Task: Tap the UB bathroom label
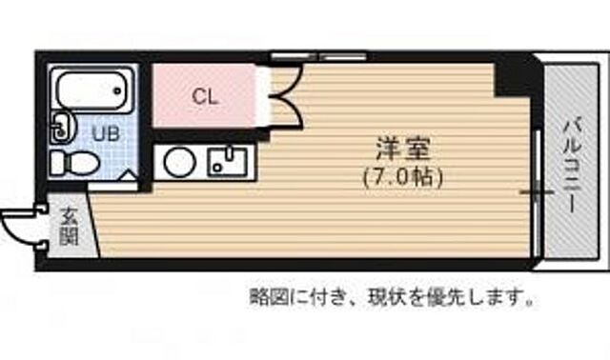pos(105,133)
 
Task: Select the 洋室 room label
pos(403,150)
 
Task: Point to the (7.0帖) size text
pos(403,176)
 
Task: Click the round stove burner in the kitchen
pos(177,163)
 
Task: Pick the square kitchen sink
pos(227,162)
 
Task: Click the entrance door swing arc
pos(19,227)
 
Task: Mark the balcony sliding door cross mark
pos(536,191)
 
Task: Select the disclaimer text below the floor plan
pos(391,298)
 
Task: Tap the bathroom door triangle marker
pos(129,178)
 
